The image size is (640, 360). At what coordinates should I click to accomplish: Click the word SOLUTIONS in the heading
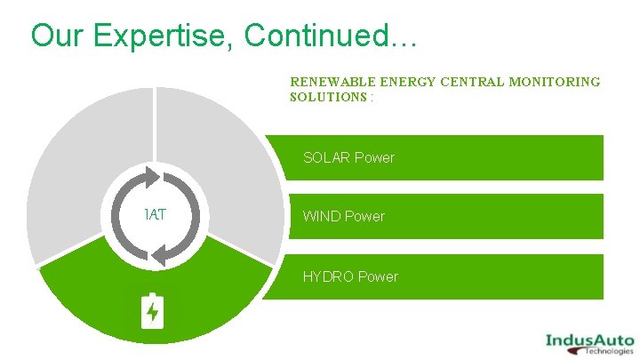pyautogui.click(x=328, y=96)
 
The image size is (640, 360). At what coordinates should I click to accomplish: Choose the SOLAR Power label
pyautogui.click(x=348, y=157)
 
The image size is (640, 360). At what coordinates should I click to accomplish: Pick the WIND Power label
pyautogui.click(x=344, y=216)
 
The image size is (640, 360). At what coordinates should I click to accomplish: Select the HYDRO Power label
pyautogui.click(x=350, y=276)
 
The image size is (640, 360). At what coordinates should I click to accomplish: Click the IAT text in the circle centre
pyautogui.click(x=156, y=214)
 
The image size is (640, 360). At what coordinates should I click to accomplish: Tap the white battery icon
pyautogui.click(x=153, y=310)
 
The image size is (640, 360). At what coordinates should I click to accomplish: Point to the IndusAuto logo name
pyautogui.click(x=589, y=340)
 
